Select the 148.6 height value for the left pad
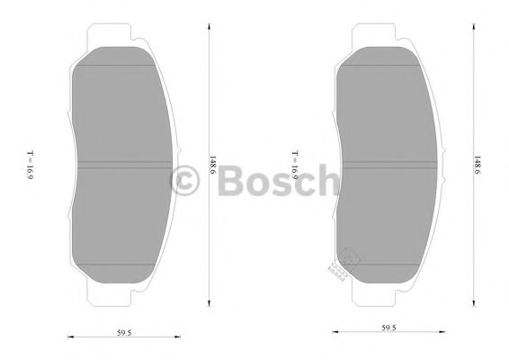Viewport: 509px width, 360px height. click(x=214, y=167)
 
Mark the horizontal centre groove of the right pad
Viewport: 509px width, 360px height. click(x=388, y=163)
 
